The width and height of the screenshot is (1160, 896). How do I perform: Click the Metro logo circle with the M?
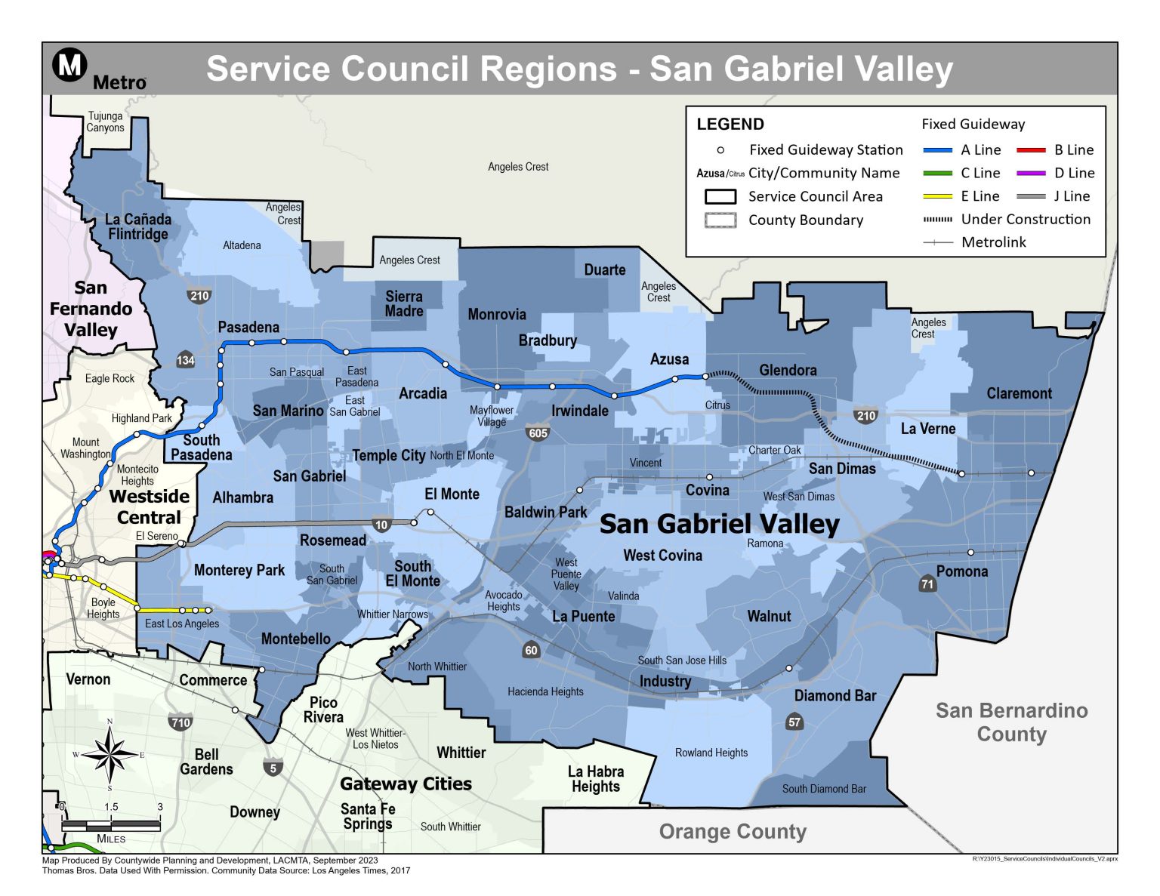pos(70,65)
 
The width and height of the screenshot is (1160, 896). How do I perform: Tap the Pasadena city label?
pos(248,328)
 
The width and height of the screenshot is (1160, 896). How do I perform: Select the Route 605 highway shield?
pos(538,433)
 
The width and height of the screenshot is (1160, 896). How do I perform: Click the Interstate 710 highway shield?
pos(180,722)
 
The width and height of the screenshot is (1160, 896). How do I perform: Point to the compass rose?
pos(110,754)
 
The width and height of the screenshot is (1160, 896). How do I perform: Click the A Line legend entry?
pos(961,150)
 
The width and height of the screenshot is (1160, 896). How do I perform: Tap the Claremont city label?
pos(1019,393)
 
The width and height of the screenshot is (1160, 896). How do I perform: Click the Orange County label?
pos(733,831)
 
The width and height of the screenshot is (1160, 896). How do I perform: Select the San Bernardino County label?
pos(1011,722)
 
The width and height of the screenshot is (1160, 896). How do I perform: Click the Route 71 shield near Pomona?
pos(927,583)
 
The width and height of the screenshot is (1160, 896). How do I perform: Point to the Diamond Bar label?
pos(835,696)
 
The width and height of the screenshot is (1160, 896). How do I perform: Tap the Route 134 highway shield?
pos(186,360)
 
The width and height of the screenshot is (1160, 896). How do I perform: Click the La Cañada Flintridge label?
pos(138,226)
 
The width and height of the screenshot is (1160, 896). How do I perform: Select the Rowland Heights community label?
pos(711,753)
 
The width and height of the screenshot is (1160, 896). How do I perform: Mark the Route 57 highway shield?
pos(794,722)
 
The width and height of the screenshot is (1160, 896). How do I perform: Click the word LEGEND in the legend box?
pos(730,125)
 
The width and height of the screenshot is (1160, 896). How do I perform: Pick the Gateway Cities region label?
pos(406,784)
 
